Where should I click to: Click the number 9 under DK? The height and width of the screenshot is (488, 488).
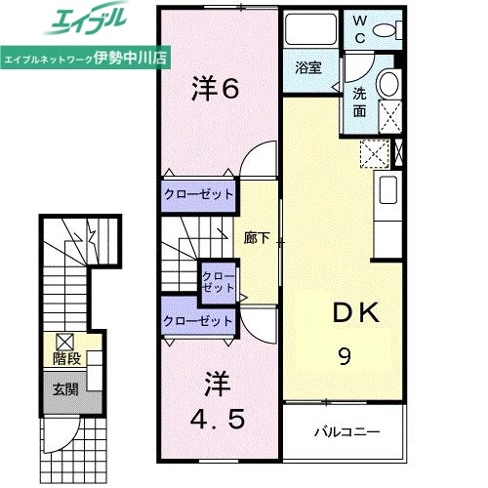point(344,357)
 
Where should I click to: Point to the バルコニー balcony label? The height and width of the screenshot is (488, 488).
point(346,430)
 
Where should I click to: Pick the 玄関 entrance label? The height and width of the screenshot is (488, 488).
point(65,389)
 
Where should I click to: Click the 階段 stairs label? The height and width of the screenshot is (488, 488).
point(65,358)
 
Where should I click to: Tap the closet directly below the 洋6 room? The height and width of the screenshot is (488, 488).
point(199,194)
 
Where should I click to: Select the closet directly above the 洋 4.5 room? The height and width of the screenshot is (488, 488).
point(199,320)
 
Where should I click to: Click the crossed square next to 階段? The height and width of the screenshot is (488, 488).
point(64,342)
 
